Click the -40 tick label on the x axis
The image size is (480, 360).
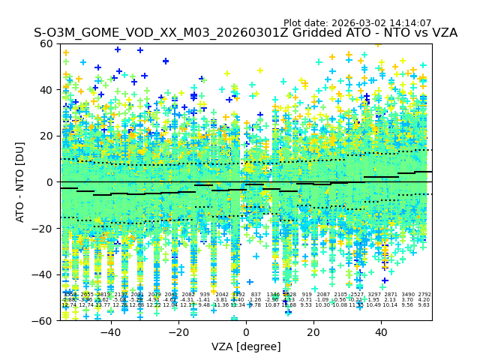(110, 332)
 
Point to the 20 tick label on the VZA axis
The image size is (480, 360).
(313, 332)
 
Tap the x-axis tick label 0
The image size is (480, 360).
(246, 332)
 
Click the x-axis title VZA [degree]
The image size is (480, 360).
(246, 346)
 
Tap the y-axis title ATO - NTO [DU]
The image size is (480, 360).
(20, 181)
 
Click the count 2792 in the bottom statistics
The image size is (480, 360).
(424, 295)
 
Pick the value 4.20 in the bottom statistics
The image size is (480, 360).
(424, 300)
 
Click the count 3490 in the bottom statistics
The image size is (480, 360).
(407, 295)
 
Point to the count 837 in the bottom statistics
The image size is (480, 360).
(256, 295)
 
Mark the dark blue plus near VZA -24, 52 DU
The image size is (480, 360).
(166, 61)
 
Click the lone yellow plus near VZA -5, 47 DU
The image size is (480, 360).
(227, 73)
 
